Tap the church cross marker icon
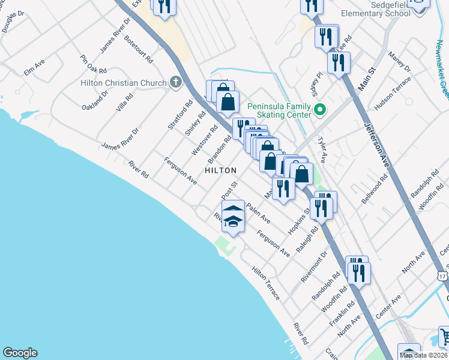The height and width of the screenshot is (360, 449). click(176, 82)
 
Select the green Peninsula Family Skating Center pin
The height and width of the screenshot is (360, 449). click(320, 110)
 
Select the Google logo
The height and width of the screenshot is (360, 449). click(20, 353)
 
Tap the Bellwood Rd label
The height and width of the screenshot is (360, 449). click(376, 190)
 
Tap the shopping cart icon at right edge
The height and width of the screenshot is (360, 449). click(444, 337)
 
